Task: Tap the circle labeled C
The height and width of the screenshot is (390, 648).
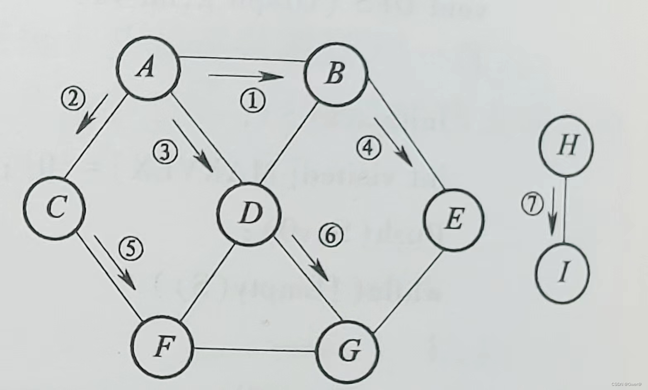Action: point(54,207)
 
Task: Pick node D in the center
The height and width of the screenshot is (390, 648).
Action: point(249,214)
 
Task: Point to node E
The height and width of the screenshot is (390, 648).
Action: point(454,219)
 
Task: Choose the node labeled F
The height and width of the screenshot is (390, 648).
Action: point(162,347)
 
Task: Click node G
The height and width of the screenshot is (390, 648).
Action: point(347,352)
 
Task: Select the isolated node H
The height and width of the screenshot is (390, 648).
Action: point(566,145)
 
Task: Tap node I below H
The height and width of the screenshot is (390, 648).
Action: point(562,273)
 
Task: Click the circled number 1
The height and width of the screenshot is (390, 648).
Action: point(252,101)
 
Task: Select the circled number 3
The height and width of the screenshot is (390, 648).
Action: point(165,152)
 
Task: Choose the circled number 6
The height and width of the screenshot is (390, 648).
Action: point(331,235)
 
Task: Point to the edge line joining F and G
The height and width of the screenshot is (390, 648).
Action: point(254,349)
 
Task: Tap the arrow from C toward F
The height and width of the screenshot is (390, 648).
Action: point(115,262)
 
